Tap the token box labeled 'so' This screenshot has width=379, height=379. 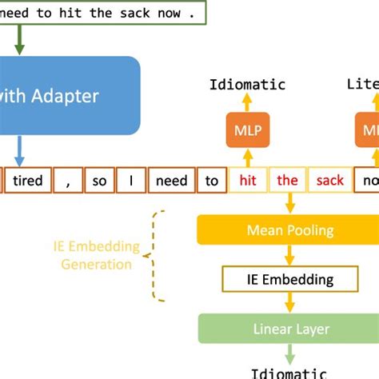(x=99, y=181)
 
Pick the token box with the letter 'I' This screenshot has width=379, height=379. (x=130, y=181)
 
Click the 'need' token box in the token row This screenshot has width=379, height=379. (x=171, y=181)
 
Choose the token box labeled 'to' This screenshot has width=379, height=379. (x=211, y=181)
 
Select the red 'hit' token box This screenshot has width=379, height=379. (x=246, y=181)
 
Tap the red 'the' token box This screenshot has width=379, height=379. (x=287, y=181)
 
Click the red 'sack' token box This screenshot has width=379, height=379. (x=329, y=181)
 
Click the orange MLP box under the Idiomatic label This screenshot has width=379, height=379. (x=247, y=130)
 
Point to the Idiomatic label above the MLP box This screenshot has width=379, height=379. (x=247, y=85)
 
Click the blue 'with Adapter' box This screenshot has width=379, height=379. (x=68, y=96)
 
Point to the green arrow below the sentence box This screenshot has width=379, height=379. (x=19, y=40)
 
